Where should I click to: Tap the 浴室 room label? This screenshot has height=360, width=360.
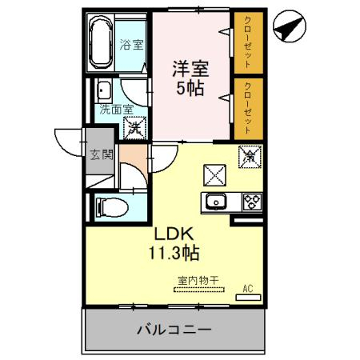[133, 44]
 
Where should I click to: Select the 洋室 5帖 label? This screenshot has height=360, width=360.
[190, 77]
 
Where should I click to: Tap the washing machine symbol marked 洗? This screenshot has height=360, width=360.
[136, 126]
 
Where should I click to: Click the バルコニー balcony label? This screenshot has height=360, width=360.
[173, 329]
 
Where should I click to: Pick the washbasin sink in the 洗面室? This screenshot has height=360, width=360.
[104, 90]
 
